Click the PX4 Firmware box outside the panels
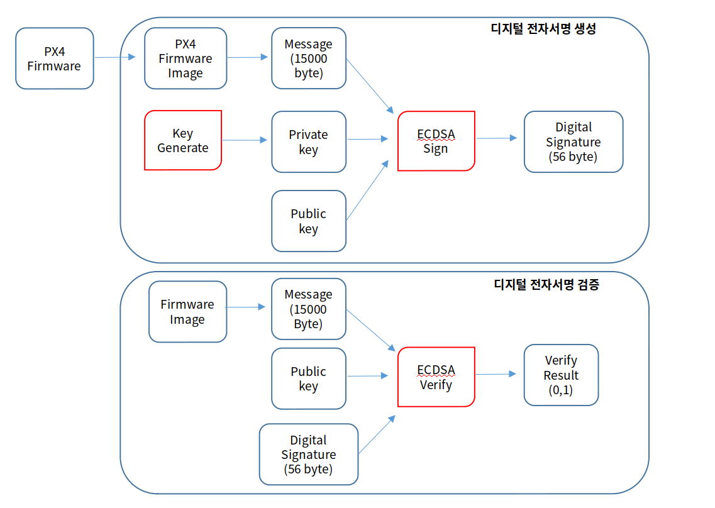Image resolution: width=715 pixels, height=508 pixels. click(x=54, y=58)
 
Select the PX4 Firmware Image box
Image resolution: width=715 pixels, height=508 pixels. click(x=186, y=58)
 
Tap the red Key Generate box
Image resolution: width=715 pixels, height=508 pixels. click(x=183, y=141)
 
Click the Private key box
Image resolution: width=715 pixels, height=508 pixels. click(x=309, y=142)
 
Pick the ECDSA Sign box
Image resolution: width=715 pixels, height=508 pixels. click(x=436, y=141)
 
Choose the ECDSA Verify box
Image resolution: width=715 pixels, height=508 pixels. click(x=436, y=377)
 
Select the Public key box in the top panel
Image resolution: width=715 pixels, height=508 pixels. click(x=309, y=221)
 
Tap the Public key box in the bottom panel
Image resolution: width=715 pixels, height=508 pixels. click(x=309, y=378)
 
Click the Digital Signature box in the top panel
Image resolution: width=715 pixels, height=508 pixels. click(x=574, y=142)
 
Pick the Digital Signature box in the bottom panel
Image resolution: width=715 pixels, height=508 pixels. click(x=309, y=455)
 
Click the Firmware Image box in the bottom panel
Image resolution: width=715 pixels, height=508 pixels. click(x=187, y=312)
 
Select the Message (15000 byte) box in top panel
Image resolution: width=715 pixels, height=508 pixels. click(x=309, y=58)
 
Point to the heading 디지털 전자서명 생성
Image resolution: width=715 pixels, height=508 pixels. click(x=543, y=29)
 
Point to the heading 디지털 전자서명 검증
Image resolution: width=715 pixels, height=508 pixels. click(x=546, y=285)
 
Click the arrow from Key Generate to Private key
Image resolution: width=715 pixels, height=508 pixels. click(x=245, y=140)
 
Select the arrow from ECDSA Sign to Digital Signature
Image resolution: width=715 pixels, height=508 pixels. click(x=496, y=138)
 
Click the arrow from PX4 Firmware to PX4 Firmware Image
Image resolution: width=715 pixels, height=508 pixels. click(x=115, y=57)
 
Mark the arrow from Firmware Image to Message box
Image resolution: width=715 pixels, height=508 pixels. click(x=245, y=307)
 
